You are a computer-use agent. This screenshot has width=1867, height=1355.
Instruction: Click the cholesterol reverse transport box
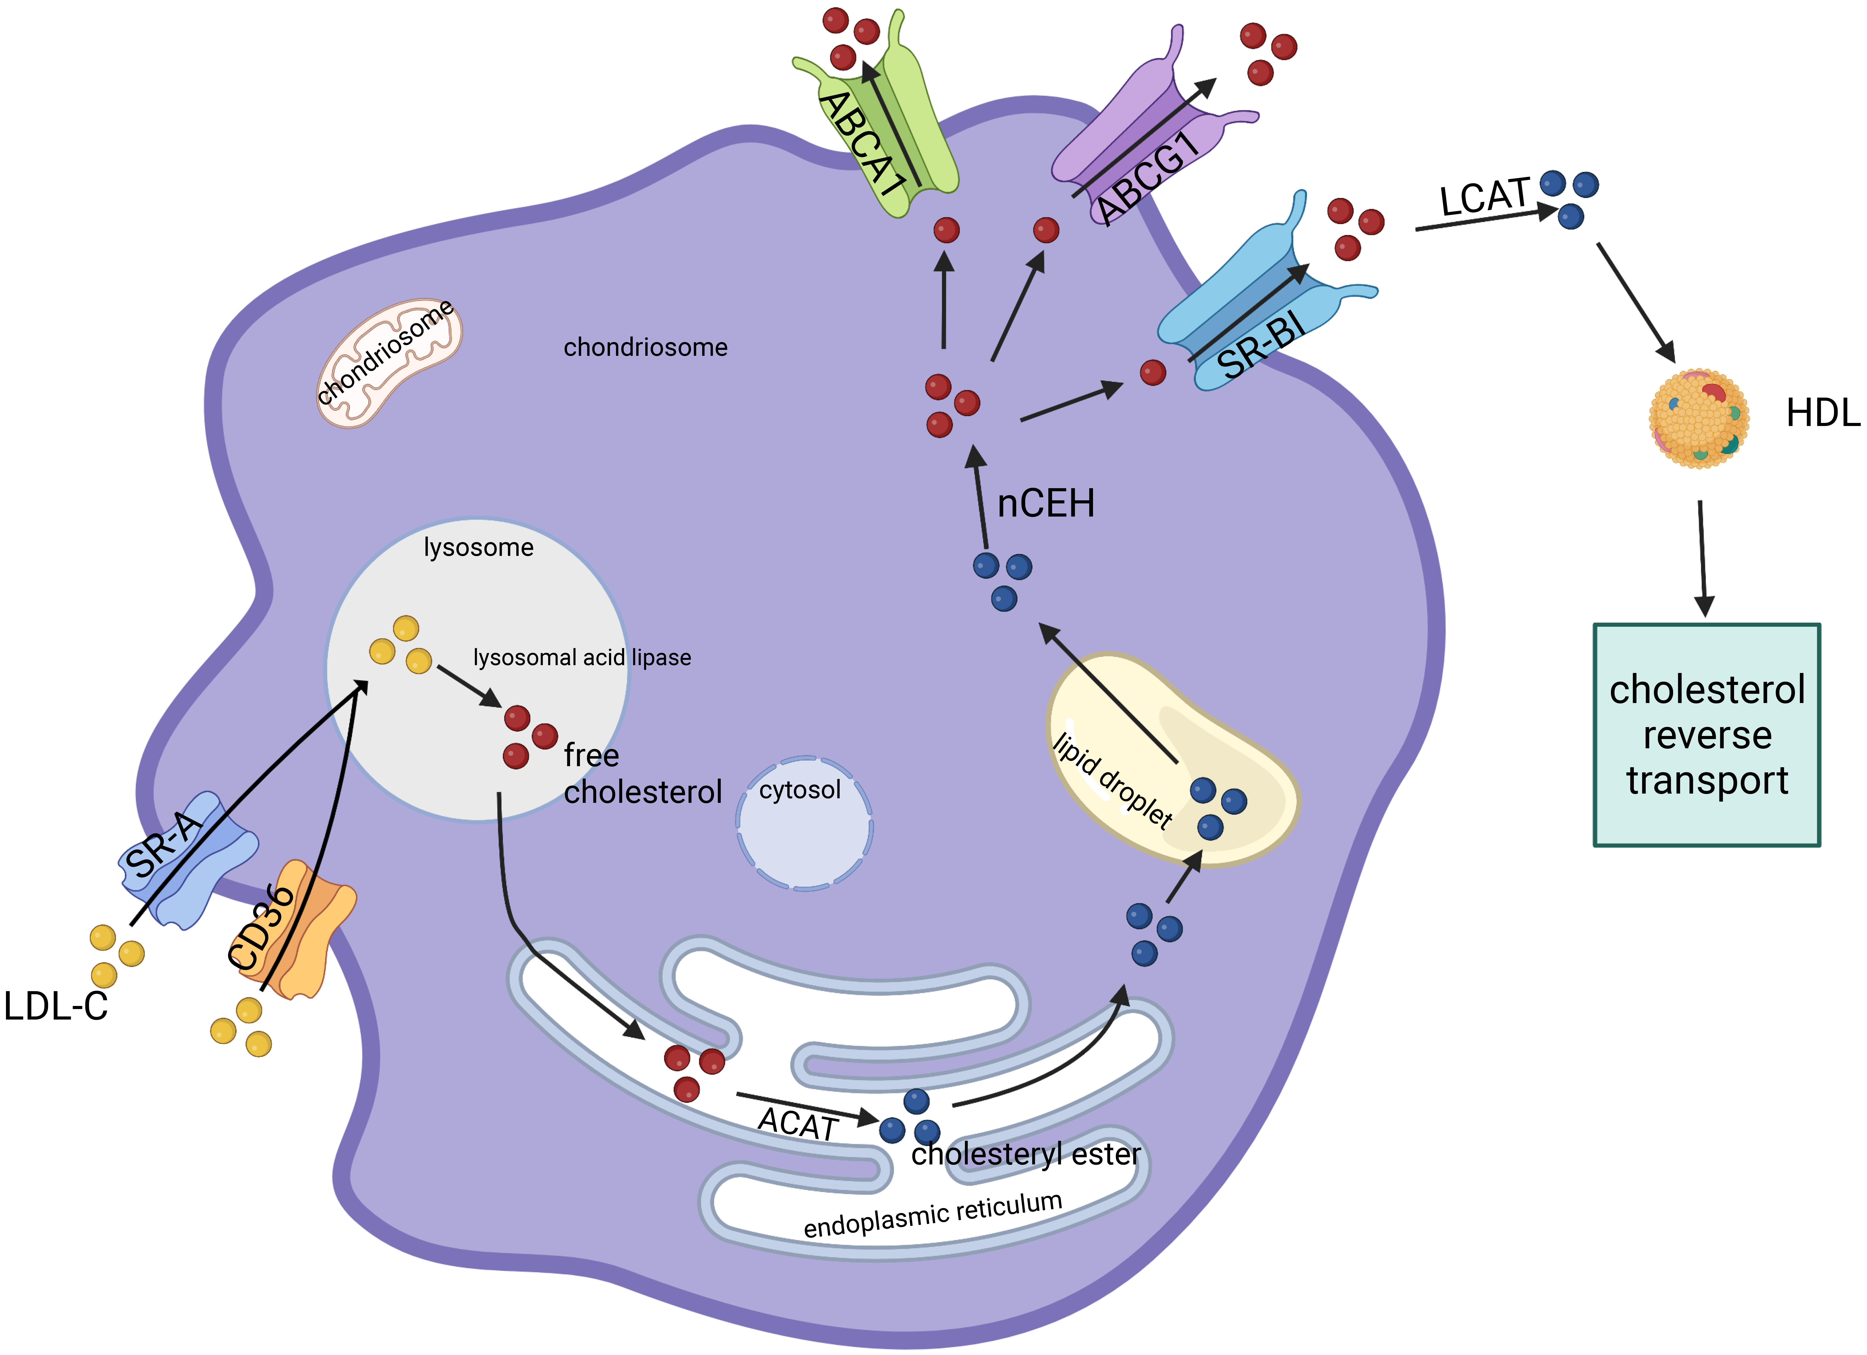pyautogui.click(x=1706, y=734)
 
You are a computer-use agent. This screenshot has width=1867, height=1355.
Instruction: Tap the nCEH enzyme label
pyautogui.click(x=1045, y=503)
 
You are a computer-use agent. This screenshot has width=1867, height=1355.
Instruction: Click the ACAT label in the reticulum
pyautogui.click(x=797, y=1124)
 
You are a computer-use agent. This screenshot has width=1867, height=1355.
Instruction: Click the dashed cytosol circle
pyautogui.click(x=804, y=823)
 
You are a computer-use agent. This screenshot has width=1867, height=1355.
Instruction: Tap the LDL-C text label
pyautogui.click(x=56, y=1006)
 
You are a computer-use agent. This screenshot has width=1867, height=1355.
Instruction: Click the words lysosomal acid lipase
pyautogui.click(x=582, y=657)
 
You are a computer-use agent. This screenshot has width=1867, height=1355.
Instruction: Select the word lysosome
pyautogui.click(x=478, y=547)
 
